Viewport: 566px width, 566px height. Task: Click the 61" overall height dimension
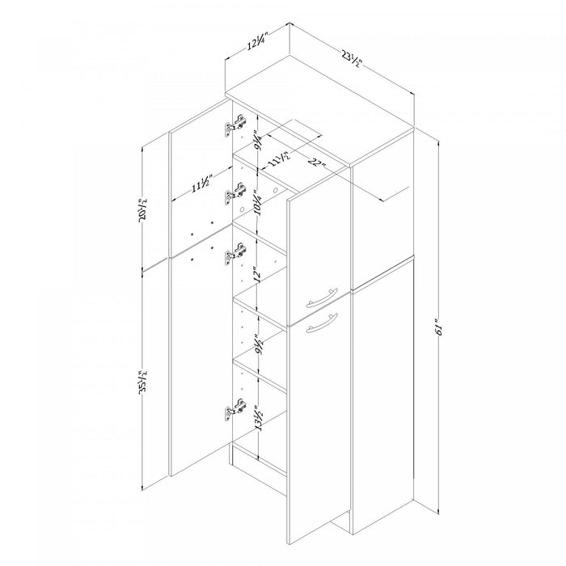coord(438,327)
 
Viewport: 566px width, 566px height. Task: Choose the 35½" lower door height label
coord(144,382)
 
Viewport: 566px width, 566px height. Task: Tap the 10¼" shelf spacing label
coord(258,203)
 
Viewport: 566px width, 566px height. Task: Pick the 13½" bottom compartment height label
coord(258,418)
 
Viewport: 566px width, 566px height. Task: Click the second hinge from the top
coord(235,194)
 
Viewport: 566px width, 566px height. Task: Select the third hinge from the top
coord(235,254)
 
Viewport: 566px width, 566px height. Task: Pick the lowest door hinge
coord(235,409)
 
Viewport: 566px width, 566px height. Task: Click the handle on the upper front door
coord(321,297)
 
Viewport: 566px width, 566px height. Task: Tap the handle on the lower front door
coord(321,322)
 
